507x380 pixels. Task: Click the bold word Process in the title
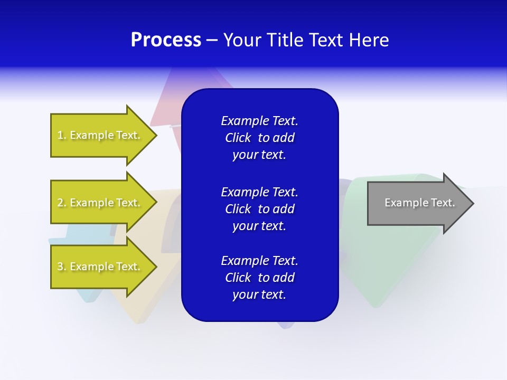[166, 40]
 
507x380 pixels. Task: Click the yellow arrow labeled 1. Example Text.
[100, 135]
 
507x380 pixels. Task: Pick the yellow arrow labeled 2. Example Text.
[100, 203]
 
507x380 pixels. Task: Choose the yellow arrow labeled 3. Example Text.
[100, 267]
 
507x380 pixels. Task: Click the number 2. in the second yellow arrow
[61, 203]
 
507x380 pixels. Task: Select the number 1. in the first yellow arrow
[61, 135]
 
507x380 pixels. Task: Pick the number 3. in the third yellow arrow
[61, 267]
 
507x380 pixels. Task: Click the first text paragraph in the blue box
[259, 138]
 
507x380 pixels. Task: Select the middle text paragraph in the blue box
[259, 208]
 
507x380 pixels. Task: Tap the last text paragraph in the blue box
[259, 278]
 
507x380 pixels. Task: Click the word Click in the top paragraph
[238, 138]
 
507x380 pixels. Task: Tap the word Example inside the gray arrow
[403, 203]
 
